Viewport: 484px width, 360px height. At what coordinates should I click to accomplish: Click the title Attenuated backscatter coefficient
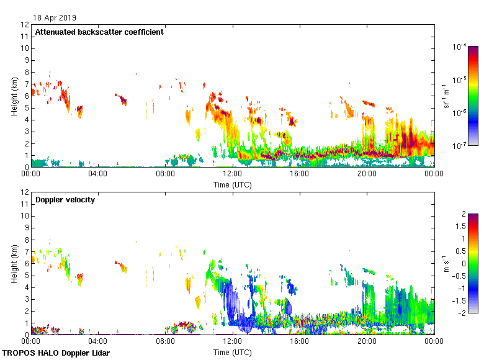[x=99, y=32]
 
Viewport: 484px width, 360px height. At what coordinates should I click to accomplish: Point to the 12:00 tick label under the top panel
[x=233, y=174]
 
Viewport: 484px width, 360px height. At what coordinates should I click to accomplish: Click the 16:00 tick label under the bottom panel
[x=300, y=342]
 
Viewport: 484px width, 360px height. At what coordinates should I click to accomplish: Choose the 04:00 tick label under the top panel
[x=98, y=174]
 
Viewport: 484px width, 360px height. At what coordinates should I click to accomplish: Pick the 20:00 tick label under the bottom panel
[x=367, y=342]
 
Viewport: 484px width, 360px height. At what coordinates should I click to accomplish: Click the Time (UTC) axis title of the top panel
[x=233, y=184]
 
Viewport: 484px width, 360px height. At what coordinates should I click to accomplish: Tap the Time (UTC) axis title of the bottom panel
[x=233, y=352]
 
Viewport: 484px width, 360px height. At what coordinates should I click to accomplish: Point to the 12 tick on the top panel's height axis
[x=25, y=25]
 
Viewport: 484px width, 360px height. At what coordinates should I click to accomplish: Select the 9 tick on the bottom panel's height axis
[x=27, y=228]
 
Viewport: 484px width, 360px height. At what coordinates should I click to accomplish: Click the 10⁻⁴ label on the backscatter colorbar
[x=460, y=47]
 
